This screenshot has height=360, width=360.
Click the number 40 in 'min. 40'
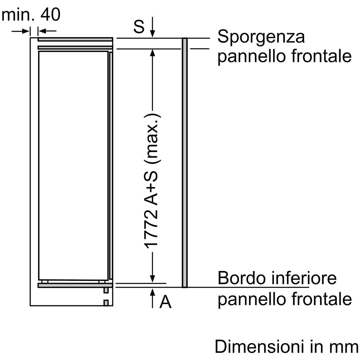(50, 14)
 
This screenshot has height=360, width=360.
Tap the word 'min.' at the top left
(18, 14)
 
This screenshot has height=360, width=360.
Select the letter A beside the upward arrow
(166, 302)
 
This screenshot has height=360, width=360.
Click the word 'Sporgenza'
(261, 37)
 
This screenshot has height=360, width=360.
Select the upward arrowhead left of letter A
(152, 292)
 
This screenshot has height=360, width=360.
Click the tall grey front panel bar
(185, 163)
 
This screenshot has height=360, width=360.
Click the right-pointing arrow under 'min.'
(21, 31)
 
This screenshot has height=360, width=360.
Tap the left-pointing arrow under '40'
(47, 31)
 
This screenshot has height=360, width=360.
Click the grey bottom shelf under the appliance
(75, 285)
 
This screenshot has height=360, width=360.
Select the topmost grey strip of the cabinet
(75, 40)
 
